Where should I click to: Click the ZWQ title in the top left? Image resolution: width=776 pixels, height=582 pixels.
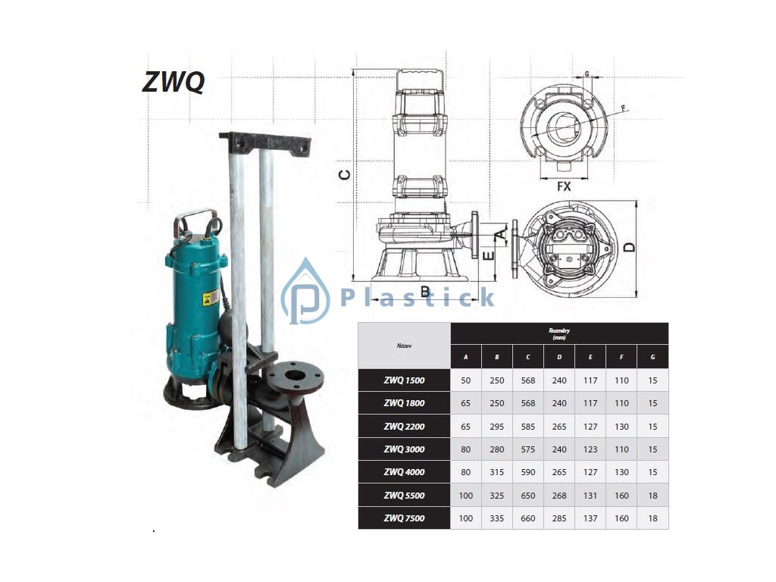(174, 82)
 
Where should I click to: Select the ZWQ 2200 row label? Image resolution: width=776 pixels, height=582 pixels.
(404, 426)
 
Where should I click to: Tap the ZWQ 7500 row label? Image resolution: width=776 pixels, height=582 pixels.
(404, 518)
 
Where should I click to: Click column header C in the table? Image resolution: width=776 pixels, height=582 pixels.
(528, 357)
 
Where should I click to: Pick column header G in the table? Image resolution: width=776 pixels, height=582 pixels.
(652, 357)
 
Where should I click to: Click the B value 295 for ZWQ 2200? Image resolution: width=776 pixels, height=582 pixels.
(497, 426)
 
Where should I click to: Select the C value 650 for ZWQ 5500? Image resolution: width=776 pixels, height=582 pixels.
(528, 496)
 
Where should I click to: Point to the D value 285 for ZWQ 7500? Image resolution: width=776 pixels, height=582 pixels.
(559, 518)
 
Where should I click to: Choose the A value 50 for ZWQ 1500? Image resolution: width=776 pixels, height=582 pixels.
(466, 380)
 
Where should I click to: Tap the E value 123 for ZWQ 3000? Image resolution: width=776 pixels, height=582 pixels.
(590, 449)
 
